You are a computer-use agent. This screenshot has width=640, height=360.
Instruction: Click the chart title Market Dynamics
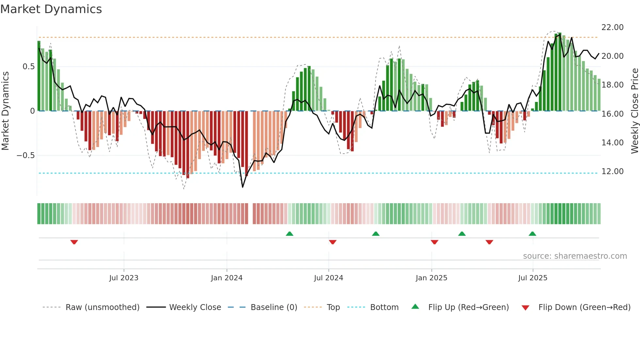(51, 9)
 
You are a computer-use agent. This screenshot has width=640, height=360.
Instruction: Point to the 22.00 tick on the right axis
(612, 27)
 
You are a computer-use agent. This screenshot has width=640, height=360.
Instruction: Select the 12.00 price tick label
(612, 172)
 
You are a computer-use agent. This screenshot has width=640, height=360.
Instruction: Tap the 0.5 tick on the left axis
(28, 67)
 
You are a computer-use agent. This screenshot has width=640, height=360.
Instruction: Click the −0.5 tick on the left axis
(26, 155)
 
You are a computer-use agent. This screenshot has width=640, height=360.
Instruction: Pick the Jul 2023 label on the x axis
(124, 278)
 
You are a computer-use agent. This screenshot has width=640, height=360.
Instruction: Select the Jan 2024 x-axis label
(227, 278)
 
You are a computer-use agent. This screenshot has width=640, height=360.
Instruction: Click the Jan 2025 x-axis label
(431, 278)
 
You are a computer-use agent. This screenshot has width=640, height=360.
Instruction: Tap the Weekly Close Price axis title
(634, 111)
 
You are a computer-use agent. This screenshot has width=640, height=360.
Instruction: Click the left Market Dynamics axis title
(5, 111)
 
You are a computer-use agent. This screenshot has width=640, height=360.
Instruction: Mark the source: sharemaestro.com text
(575, 256)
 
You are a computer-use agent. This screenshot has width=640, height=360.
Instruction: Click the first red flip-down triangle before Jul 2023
(74, 242)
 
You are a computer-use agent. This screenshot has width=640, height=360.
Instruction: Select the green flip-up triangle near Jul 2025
(532, 234)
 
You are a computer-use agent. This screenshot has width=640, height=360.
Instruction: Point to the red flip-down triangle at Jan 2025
(434, 242)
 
